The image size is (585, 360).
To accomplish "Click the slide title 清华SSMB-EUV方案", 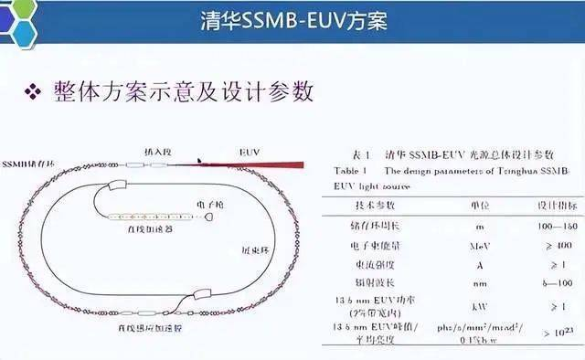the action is pos(292,20).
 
